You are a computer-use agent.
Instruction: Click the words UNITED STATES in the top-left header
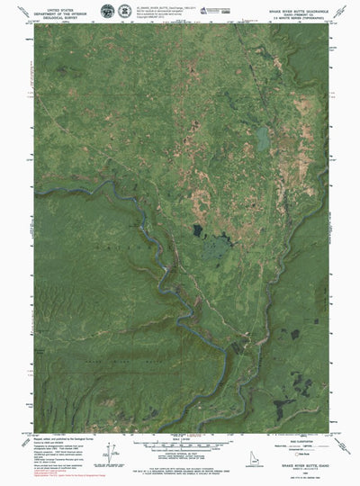(x=55, y=5)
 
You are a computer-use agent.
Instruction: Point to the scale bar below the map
(x=179, y=447)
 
